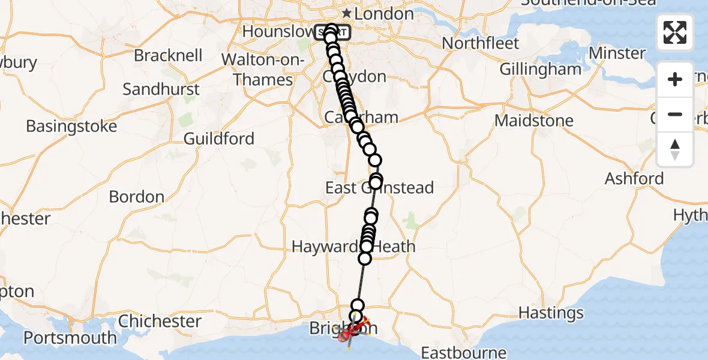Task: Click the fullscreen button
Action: [x=675, y=32]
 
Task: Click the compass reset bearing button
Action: [x=675, y=149]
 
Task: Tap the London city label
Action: [x=388, y=13]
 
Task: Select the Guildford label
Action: [x=219, y=139]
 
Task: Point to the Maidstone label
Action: [x=534, y=121]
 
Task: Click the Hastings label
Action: [x=551, y=313]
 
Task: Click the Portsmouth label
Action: [x=71, y=338]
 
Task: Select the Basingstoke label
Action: [x=71, y=127]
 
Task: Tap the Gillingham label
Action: [x=541, y=69]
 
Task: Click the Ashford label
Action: [x=634, y=178]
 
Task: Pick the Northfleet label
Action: [x=481, y=43]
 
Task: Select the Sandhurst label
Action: [x=161, y=89]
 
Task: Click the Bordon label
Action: [x=137, y=197]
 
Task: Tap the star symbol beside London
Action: [x=347, y=13]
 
